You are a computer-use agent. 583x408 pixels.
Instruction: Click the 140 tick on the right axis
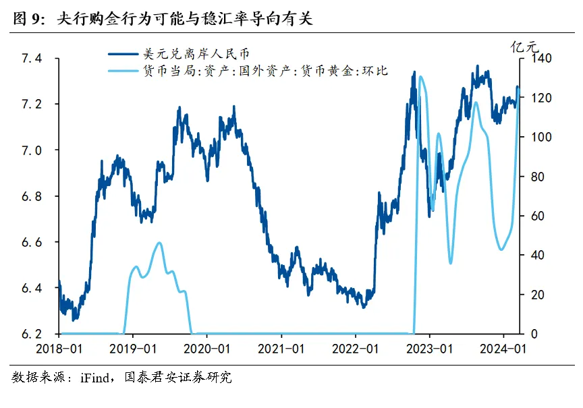(531, 59)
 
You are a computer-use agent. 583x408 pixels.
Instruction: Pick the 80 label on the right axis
(528, 177)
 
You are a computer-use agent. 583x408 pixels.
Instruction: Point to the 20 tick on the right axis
(528, 295)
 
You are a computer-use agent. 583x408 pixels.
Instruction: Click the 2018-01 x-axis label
(59, 349)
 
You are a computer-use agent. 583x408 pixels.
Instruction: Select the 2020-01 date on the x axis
(208, 349)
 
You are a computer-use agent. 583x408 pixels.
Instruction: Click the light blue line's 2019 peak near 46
(159, 243)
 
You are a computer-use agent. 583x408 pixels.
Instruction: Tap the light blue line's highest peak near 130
(420, 77)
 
